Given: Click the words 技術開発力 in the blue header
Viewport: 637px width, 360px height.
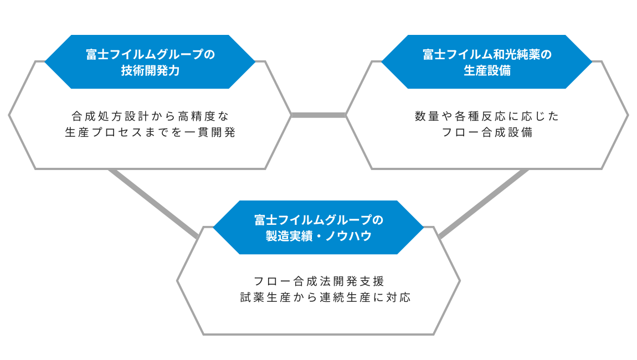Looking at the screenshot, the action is click(150, 70).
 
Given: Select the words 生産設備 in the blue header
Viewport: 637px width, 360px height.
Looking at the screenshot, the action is click(487, 70).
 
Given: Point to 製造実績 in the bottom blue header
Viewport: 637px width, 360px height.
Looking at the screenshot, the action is click(289, 236).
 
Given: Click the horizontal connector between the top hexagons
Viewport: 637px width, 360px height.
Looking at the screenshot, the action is click(318, 115).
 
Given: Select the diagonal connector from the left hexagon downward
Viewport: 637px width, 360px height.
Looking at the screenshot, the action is click(153, 204).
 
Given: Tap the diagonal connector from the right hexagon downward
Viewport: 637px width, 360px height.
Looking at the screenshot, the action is click(484, 204).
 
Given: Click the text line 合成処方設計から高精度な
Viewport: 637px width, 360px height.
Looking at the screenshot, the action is click(150, 116).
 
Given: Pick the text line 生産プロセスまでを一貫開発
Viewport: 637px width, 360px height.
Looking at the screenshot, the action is click(150, 132).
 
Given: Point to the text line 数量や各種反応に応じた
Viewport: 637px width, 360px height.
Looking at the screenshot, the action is click(487, 116).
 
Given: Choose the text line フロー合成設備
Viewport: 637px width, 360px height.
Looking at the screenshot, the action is click(487, 132).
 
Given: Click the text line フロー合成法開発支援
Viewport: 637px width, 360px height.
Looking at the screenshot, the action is click(319, 281).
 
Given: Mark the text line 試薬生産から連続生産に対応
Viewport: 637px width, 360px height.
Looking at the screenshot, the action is click(325, 297).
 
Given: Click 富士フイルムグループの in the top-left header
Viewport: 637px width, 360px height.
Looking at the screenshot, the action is click(150, 54).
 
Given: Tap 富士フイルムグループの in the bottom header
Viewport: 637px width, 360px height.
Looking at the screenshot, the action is click(319, 220).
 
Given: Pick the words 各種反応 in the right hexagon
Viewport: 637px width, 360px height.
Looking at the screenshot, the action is click(480, 116).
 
